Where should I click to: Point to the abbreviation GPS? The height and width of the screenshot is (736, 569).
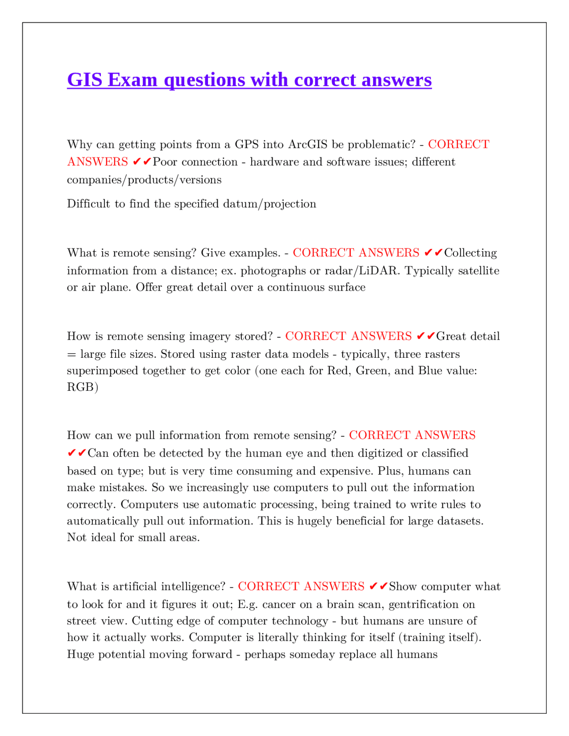pyautogui.click(x=246, y=144)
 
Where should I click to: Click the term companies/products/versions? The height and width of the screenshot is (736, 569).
pyautogui.click(x=144, y=180)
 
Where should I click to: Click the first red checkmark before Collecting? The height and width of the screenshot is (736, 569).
pyautogui.click(x=428, y=253)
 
